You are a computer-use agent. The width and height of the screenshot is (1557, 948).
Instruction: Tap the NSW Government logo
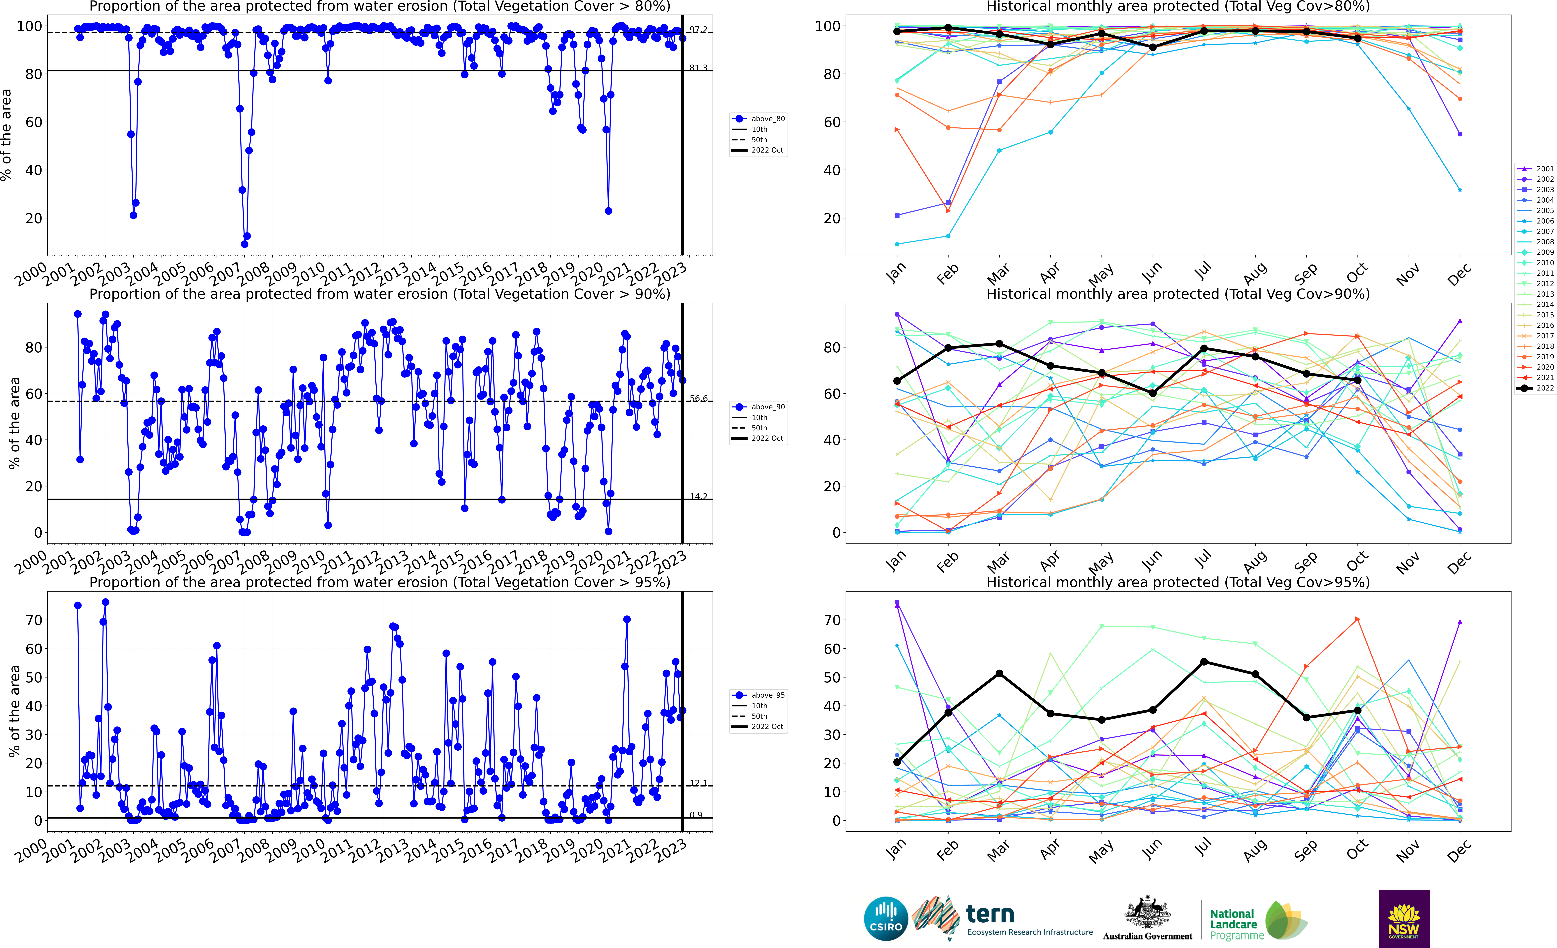1404,918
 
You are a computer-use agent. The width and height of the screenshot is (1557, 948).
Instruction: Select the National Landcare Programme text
1236,924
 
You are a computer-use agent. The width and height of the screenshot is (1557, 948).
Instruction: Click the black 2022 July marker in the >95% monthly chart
1204,662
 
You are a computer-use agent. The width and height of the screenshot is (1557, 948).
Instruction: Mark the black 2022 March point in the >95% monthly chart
999,674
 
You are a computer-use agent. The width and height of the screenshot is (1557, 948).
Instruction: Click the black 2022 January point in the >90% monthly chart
897,381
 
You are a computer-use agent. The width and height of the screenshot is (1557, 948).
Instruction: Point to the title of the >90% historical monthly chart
1178,294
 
